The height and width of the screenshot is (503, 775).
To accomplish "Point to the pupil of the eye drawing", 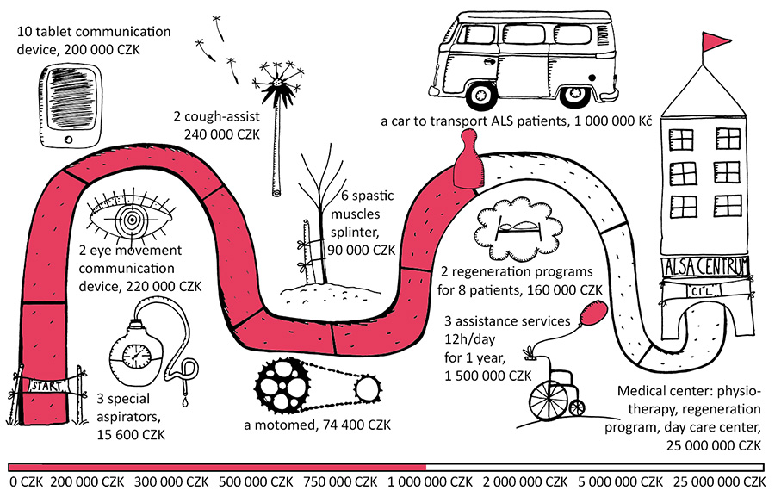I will point(132,220).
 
